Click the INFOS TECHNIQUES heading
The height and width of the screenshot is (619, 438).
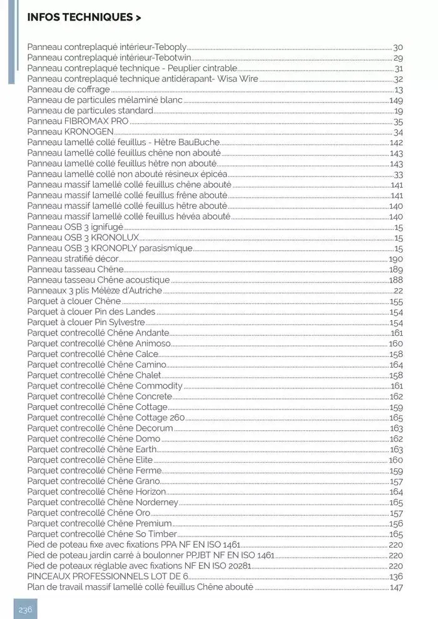84,18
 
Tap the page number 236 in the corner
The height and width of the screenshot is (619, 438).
25,609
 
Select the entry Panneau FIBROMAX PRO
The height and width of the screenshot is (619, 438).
69,122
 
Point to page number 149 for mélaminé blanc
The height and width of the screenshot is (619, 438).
395,100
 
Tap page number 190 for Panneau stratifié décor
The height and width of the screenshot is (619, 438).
395,259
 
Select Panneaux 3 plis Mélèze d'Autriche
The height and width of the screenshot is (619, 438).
94,291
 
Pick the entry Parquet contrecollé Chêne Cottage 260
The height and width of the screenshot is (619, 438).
106,418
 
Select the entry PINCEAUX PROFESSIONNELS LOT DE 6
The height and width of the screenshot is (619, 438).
108,576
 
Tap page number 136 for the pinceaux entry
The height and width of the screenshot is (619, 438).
395,576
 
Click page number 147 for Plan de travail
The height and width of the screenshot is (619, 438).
395,587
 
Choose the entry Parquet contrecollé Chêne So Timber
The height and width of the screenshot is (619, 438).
102,534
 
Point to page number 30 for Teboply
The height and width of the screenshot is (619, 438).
397,48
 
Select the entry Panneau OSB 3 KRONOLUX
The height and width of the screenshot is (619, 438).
83,238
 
